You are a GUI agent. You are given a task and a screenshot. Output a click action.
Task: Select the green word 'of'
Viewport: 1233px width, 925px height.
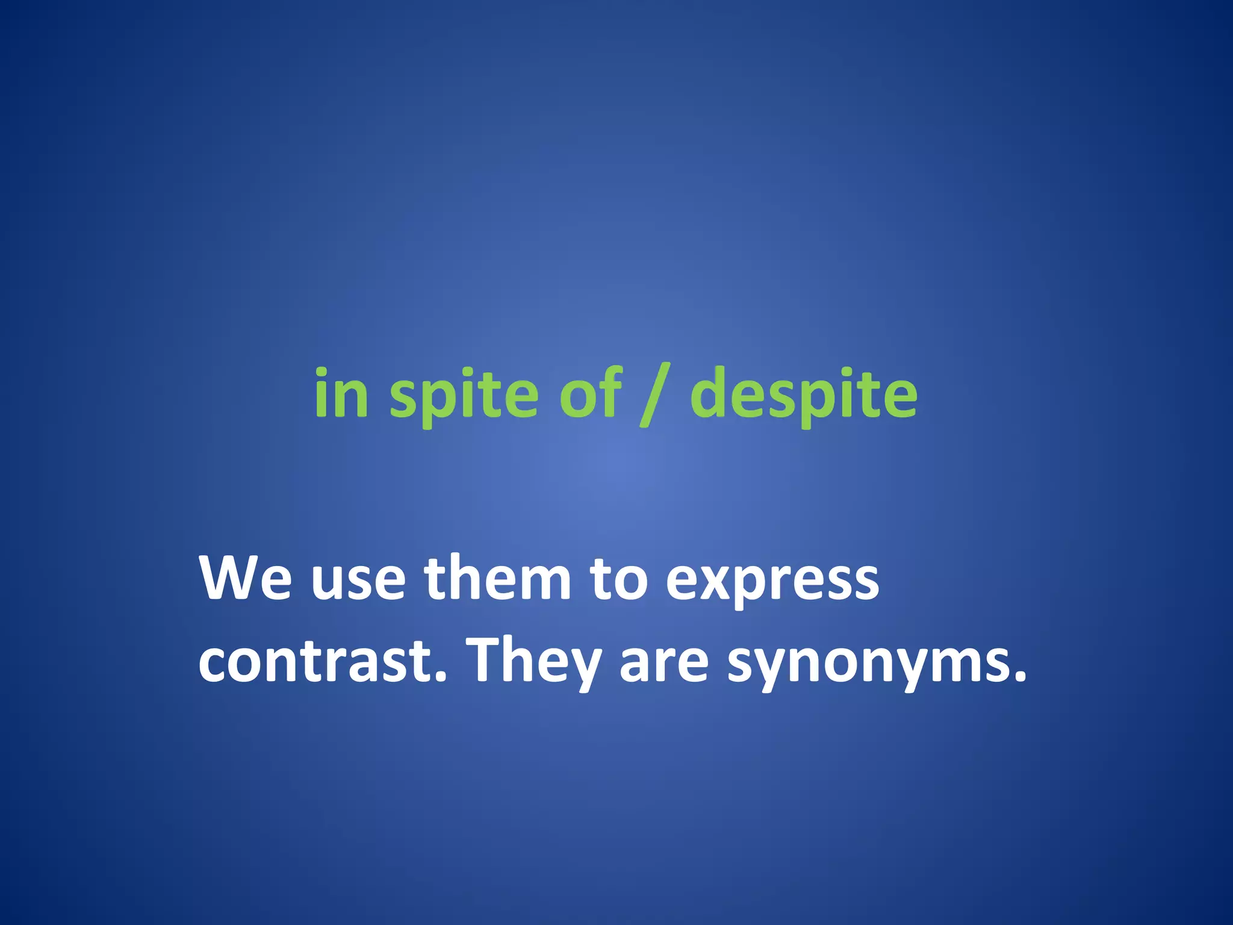click(590, 393)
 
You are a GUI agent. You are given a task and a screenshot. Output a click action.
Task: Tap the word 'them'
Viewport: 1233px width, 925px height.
click(497, 578)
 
